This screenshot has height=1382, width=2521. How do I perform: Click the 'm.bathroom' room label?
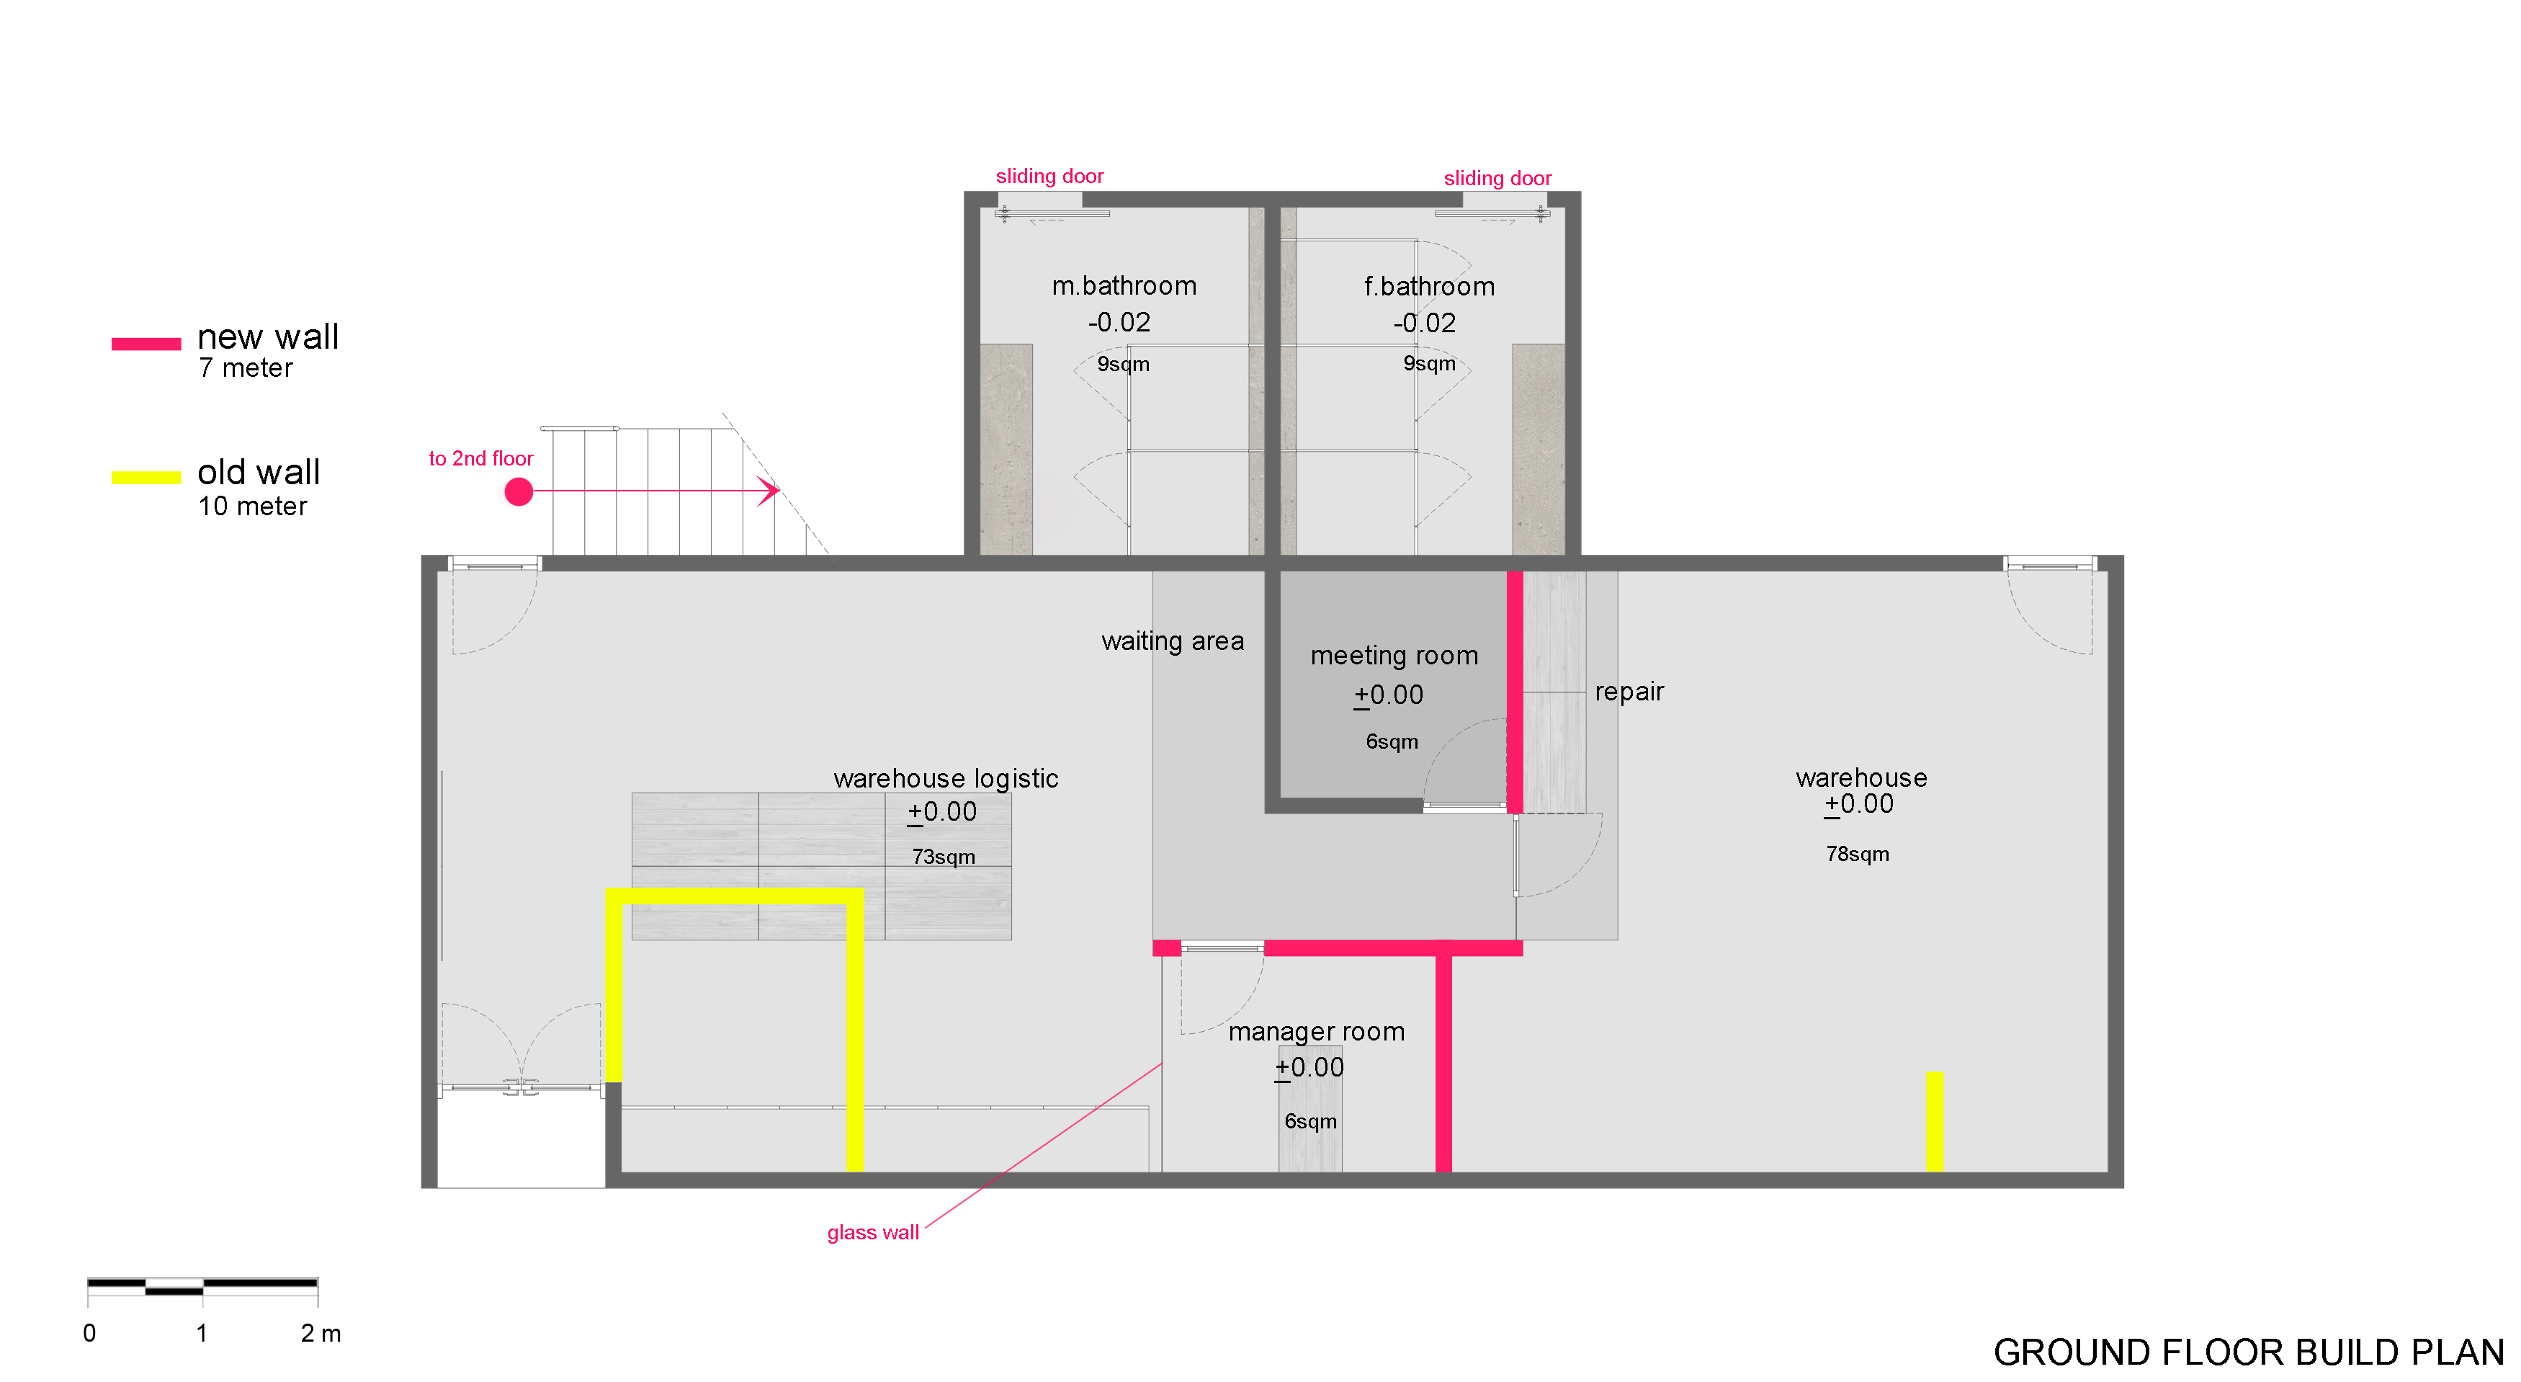1124,286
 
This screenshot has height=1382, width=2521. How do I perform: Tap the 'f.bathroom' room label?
1429,287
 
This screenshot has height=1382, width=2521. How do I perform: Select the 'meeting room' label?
1394,656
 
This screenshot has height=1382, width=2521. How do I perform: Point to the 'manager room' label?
1316,1032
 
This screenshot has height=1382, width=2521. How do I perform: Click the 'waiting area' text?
1173,641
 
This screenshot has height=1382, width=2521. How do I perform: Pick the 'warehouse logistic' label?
945,778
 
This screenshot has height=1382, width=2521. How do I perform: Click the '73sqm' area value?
944,857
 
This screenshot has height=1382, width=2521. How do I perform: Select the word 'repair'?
1629,692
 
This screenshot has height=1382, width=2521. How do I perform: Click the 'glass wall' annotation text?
873,1232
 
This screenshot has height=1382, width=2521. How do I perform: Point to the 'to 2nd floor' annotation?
480,458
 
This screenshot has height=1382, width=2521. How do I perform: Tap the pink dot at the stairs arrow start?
519,491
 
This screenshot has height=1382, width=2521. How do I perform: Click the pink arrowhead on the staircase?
769,491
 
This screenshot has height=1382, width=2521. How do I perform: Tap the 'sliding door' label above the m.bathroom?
1049,177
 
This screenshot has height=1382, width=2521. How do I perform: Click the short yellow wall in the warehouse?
1934,1122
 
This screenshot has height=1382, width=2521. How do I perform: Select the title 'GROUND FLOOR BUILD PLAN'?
2249,1352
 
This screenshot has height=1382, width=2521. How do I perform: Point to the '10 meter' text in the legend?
253,506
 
